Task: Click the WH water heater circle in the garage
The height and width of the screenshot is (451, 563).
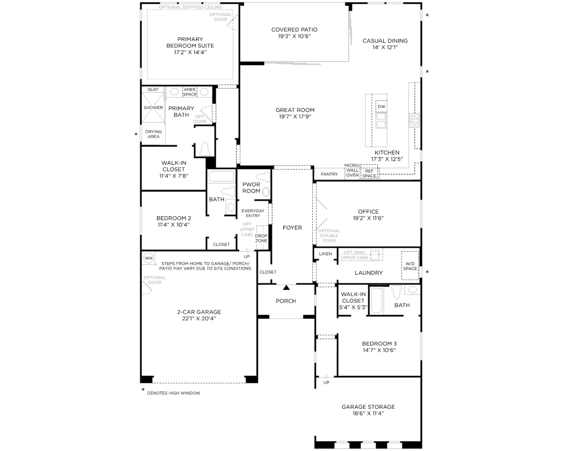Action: point(148,258)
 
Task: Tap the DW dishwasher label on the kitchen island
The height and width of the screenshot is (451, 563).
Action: point(381,107)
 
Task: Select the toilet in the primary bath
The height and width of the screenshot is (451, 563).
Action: point(205,149)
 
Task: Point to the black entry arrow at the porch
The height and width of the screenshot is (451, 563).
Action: point(286,288)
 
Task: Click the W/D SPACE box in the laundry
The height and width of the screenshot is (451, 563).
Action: point(410,265)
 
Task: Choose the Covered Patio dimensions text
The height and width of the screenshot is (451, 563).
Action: point(294,36)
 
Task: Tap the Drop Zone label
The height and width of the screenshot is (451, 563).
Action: point(261,238)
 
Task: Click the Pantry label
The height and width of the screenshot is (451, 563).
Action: point(329,174)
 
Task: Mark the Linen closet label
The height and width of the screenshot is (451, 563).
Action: point(325,254)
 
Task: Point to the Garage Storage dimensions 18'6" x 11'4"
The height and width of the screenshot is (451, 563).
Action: point(368,413)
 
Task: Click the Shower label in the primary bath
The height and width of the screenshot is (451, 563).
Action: point(153,108)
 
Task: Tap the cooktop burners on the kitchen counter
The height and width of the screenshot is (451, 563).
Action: point(415,120)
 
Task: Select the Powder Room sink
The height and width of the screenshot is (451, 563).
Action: point(266,192)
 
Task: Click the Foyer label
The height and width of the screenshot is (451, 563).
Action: point(292,228)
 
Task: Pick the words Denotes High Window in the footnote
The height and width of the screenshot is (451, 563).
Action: point(173,393)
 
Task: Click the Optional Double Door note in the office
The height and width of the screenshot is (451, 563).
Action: point(329,236)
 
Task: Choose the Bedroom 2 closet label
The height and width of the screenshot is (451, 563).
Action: point(221,245)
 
